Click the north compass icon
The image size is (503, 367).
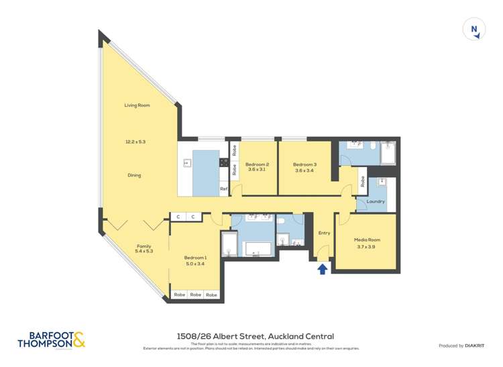474,30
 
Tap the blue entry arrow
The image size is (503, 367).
322,268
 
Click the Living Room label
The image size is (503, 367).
136,105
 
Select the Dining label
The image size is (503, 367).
135,175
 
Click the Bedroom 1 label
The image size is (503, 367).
196,257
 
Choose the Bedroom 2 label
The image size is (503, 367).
258,164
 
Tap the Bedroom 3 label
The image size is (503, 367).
304,164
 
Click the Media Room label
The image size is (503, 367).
367,240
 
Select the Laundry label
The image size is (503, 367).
376,201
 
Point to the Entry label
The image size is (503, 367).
325,233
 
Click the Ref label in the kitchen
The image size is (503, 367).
223,190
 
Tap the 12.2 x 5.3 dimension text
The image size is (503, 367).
135,142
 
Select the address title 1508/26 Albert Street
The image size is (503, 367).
251,336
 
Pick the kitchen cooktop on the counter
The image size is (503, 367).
223,162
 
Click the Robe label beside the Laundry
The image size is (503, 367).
362,180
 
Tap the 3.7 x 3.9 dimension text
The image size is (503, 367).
367,247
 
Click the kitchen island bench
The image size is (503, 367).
206,172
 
